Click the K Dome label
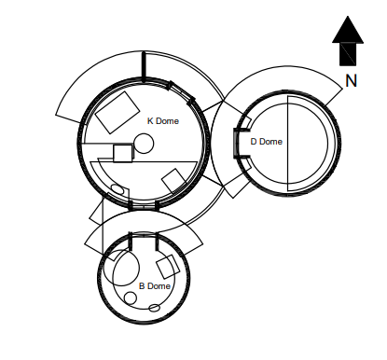click(163, 121)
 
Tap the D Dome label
click(266, 142)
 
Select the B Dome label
click(155, 286)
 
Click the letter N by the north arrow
click(351, 81)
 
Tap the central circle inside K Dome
click(144, 143)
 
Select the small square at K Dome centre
click(122, 154)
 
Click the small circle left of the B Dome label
click(130, 298)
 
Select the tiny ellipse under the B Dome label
click(155, 307)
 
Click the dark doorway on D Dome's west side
click(234, 142)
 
